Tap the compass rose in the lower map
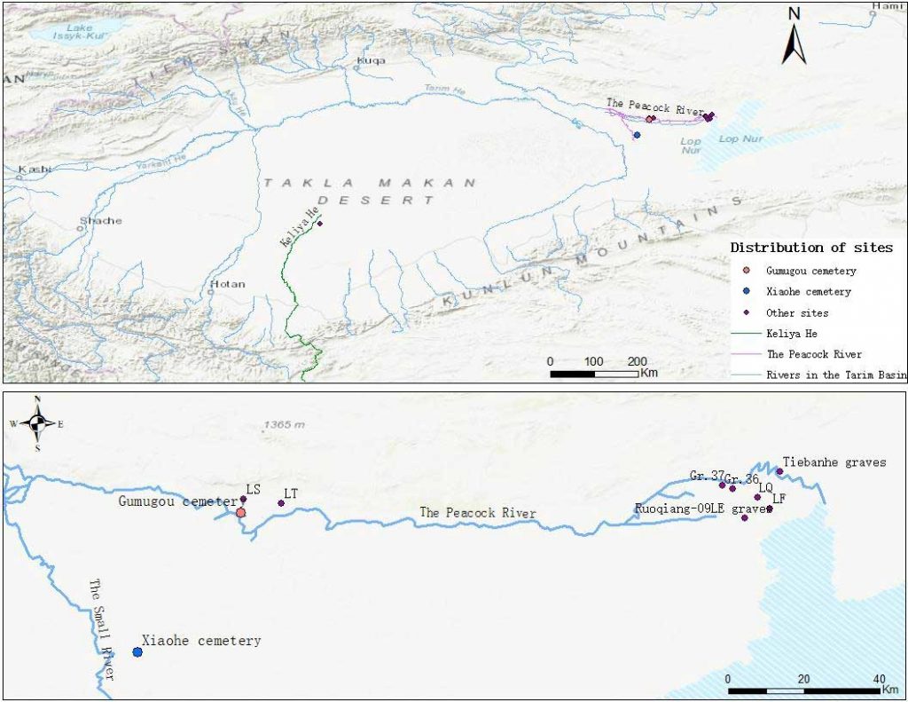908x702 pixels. (x=36, y=423)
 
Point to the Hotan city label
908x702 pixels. (x=226, y=285)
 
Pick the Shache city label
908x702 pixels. (x=101, y=221)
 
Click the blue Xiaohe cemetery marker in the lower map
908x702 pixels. (x=137, y=652)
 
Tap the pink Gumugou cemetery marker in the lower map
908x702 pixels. (x=240, y=512)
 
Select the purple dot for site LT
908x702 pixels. (x=281, y=503)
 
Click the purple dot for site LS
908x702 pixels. (x=243, y=499)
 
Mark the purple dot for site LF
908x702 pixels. (x=769, y=509)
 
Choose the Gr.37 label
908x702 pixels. (x=706, y=477)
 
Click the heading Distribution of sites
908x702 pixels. (x=810, y=248)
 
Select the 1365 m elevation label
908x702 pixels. (x=284, y=424)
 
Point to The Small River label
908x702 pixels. (x=102, y=629)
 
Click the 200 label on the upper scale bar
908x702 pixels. (x=637, y=361)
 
